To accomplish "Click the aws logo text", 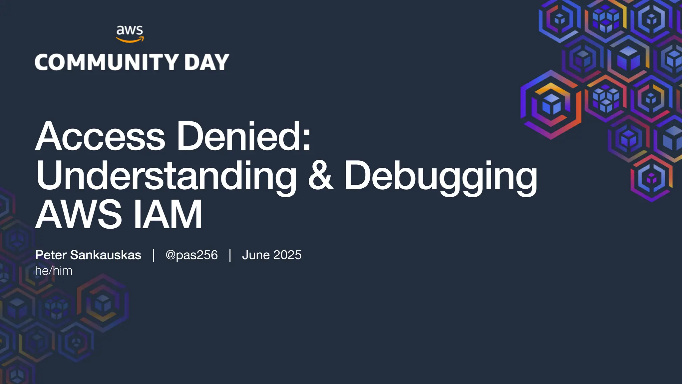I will pyautogui.click(x=130, y=30).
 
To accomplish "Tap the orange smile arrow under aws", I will pyautogui.click(x=130, y=40).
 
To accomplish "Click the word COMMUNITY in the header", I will pyautogui.click(x=107, y=62).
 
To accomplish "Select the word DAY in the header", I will pyautogui.click(x=206, y=62).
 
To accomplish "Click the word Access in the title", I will pyautogui.click(x=100, y=137).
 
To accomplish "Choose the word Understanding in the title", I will pyautogui.click(x=166, y=176).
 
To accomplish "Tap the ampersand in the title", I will pyautogui.click(x=320, y=176).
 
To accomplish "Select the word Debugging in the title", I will pyautogui.click(x=441, y=176).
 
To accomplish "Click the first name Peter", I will pyautogui.click(x=51, y=255).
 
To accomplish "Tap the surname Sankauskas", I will pyautogui.click(x=106, y=255).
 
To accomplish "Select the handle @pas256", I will pyautogui.click(x=191, y=255).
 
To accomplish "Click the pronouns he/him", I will pyautogui.click(x=54, y=271).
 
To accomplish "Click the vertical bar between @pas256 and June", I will pyautogui.click(x=230, y=255).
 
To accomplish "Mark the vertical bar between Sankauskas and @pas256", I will pyautogui.click(x=153, y=255).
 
